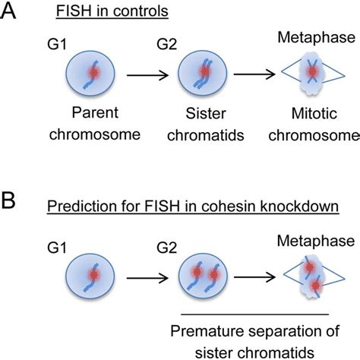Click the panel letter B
[8, 201]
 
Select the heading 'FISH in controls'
[112, 11]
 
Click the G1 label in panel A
[57, 44]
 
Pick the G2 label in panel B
[166, 248]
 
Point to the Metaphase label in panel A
[317, 37]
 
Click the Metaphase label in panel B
[316, 241]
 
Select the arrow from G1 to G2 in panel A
[147, 75]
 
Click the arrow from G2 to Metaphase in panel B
[254, 277]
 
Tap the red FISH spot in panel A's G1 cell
[94, 73]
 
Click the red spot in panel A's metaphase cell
[312, 71]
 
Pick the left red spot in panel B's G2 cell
[197, 272]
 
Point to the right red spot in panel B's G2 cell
[214, 274]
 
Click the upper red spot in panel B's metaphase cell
[309, 267]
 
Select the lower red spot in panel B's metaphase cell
[316, 286]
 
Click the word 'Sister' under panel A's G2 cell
[206, 113]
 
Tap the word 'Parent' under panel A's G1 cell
[95, 112]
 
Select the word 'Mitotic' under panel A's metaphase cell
[314, 113]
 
